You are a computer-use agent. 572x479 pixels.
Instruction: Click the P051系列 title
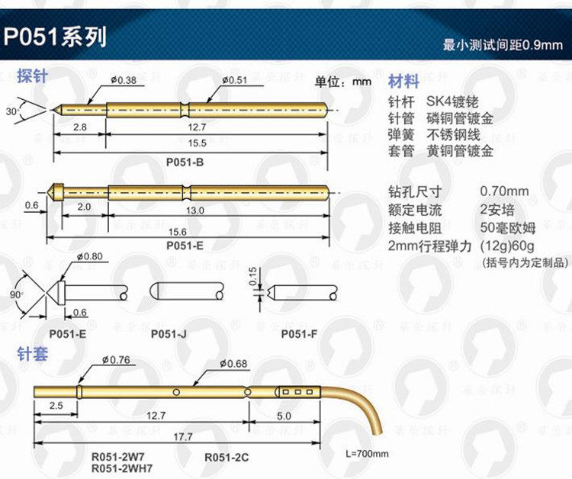(55, 37)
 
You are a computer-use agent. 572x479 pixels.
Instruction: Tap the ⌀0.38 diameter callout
(123, 80)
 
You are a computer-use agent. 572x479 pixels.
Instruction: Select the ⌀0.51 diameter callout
(235, 80)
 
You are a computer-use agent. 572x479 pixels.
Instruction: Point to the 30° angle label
(11, 111)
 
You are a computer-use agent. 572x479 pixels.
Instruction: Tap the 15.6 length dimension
(187, 231)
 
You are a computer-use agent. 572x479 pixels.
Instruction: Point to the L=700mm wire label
(368, 454)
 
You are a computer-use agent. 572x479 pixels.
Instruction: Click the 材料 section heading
(403, 82)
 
